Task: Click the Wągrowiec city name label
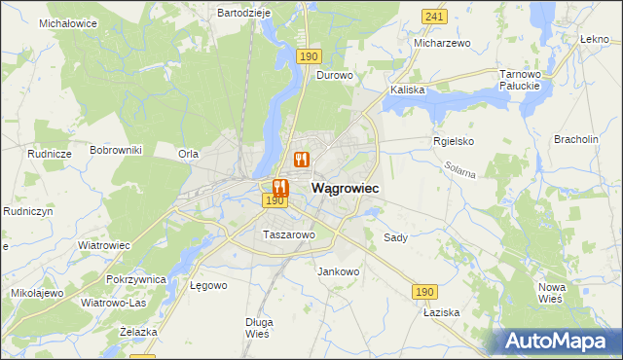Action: coord(345,187)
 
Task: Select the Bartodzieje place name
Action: coord(242,13)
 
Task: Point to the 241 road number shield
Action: coord(434,17)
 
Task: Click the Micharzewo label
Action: coord(442,43)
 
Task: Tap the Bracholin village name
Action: coord(575,139)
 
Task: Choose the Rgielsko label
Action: coord(453,140)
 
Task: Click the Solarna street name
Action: coord(461,172)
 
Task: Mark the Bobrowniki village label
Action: coord(116,150)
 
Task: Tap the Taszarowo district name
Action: coord(289,234)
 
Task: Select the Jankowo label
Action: coord(339,271)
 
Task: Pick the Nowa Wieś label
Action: coord(552,292)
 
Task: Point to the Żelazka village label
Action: coord(137,332)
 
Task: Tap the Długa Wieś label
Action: coord(259,328)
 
